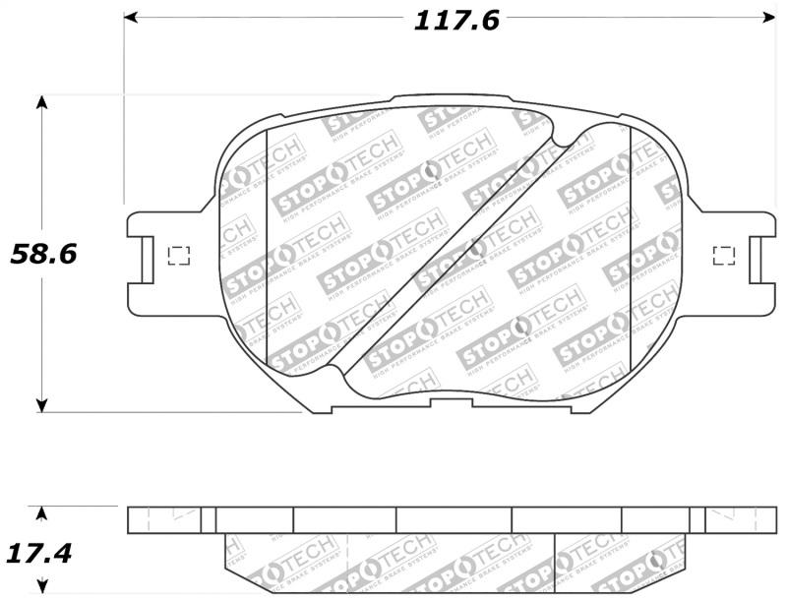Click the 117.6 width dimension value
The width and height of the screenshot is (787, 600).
point(455,20)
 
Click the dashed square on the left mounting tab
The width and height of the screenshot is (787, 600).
point(179,256)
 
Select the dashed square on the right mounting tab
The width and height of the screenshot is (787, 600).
point(723,256)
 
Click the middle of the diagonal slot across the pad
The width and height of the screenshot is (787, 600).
point(448,253)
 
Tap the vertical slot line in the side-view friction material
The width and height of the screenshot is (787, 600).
point(556,564)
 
